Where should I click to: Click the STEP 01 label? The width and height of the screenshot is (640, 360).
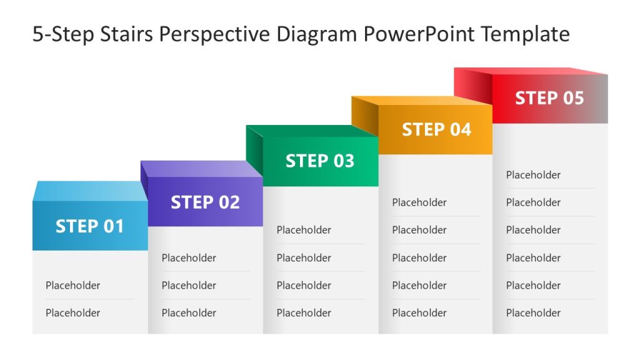tap(90, 226)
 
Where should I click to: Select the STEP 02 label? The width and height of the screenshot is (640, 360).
tap(205, 202)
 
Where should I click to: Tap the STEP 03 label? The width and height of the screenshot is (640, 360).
tap(320, 161)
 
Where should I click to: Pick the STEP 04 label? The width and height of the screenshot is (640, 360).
tap(436, 129)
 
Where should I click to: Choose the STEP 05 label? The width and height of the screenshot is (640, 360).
tap(549, 98)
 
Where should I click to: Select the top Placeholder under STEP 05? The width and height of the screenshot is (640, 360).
tap(533, 175)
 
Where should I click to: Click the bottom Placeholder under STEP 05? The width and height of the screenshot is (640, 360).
tap(533, 313)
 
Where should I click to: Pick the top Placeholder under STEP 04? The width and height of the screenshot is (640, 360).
tap(419, 202)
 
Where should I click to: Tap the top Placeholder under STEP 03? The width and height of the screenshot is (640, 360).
tap(304, 230)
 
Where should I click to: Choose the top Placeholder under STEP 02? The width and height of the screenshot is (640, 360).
tap(189, 258)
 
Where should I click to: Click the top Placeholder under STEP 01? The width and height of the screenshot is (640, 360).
tap(72, 286)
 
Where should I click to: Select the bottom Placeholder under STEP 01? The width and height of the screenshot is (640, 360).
tap(72, 313)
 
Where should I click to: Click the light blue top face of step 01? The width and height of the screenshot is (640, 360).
tap(87, 191)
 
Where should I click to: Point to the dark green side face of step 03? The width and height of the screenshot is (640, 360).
tap(254, 147)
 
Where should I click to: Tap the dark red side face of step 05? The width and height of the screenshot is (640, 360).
tap(473, 84)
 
